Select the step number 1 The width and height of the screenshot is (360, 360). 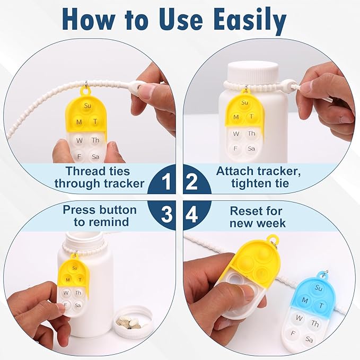click(x=166, y=183)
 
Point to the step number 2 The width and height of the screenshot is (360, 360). click(x=192, y=183)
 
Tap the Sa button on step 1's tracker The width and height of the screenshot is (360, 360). click(x=95, y=157)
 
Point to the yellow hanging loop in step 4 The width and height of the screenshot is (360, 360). click(x=272, y=239)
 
